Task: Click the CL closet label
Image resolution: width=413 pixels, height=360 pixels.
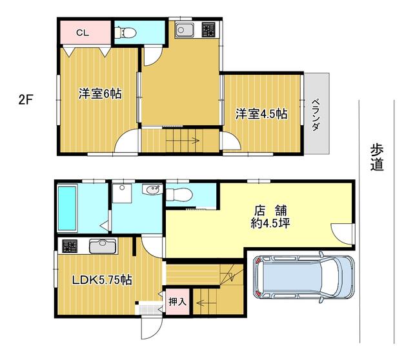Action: click(x=83, y=33)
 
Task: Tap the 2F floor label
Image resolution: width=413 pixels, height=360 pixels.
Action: click(x=26, y=99)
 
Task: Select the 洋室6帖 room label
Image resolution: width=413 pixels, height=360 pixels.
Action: click(x=100, y=94)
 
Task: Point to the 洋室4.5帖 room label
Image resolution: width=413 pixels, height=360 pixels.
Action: click(x=261, y=114)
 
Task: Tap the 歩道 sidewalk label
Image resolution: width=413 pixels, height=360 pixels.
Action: click(x=377, y=157)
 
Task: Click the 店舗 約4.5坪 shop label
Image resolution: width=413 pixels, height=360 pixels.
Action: click(x=270, y=217)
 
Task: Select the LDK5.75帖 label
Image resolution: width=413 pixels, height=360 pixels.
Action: click(x=102, y=280)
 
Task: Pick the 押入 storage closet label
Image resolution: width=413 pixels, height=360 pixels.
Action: click(x=177, y=301)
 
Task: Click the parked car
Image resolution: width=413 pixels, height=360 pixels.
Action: click(x=303, y=277)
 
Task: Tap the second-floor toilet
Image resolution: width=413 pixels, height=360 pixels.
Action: click(x=125, y=33)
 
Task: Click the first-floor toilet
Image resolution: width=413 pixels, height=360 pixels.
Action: click(x=179, y=195)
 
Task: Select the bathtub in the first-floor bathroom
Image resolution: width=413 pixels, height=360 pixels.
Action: click(x=67, y=208)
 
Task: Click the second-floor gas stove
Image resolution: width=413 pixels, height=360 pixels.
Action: click(x=208, y=30)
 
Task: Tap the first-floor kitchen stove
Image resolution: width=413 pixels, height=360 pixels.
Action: click(x=70, y=246)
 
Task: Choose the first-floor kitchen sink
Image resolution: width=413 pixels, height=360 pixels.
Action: click(x=103, y=246)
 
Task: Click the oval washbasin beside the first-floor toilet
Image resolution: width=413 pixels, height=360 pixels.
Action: click(x=152, y=190)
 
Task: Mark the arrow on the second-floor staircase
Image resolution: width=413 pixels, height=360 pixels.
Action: click(x=183, y=141)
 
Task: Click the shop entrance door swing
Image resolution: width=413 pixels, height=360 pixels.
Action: click(x=341, y=234)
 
